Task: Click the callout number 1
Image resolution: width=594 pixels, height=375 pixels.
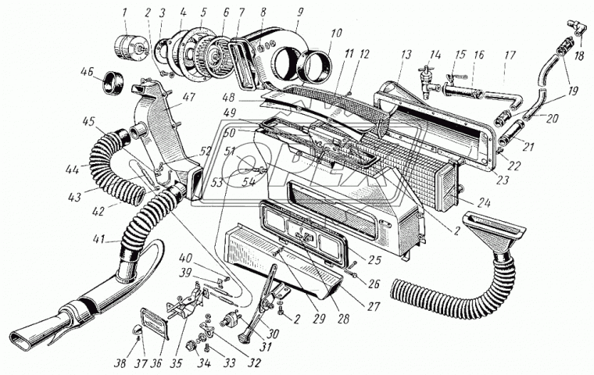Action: [x=123, y=12]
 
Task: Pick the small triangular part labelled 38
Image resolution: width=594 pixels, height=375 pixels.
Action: [x=138, y=337]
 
